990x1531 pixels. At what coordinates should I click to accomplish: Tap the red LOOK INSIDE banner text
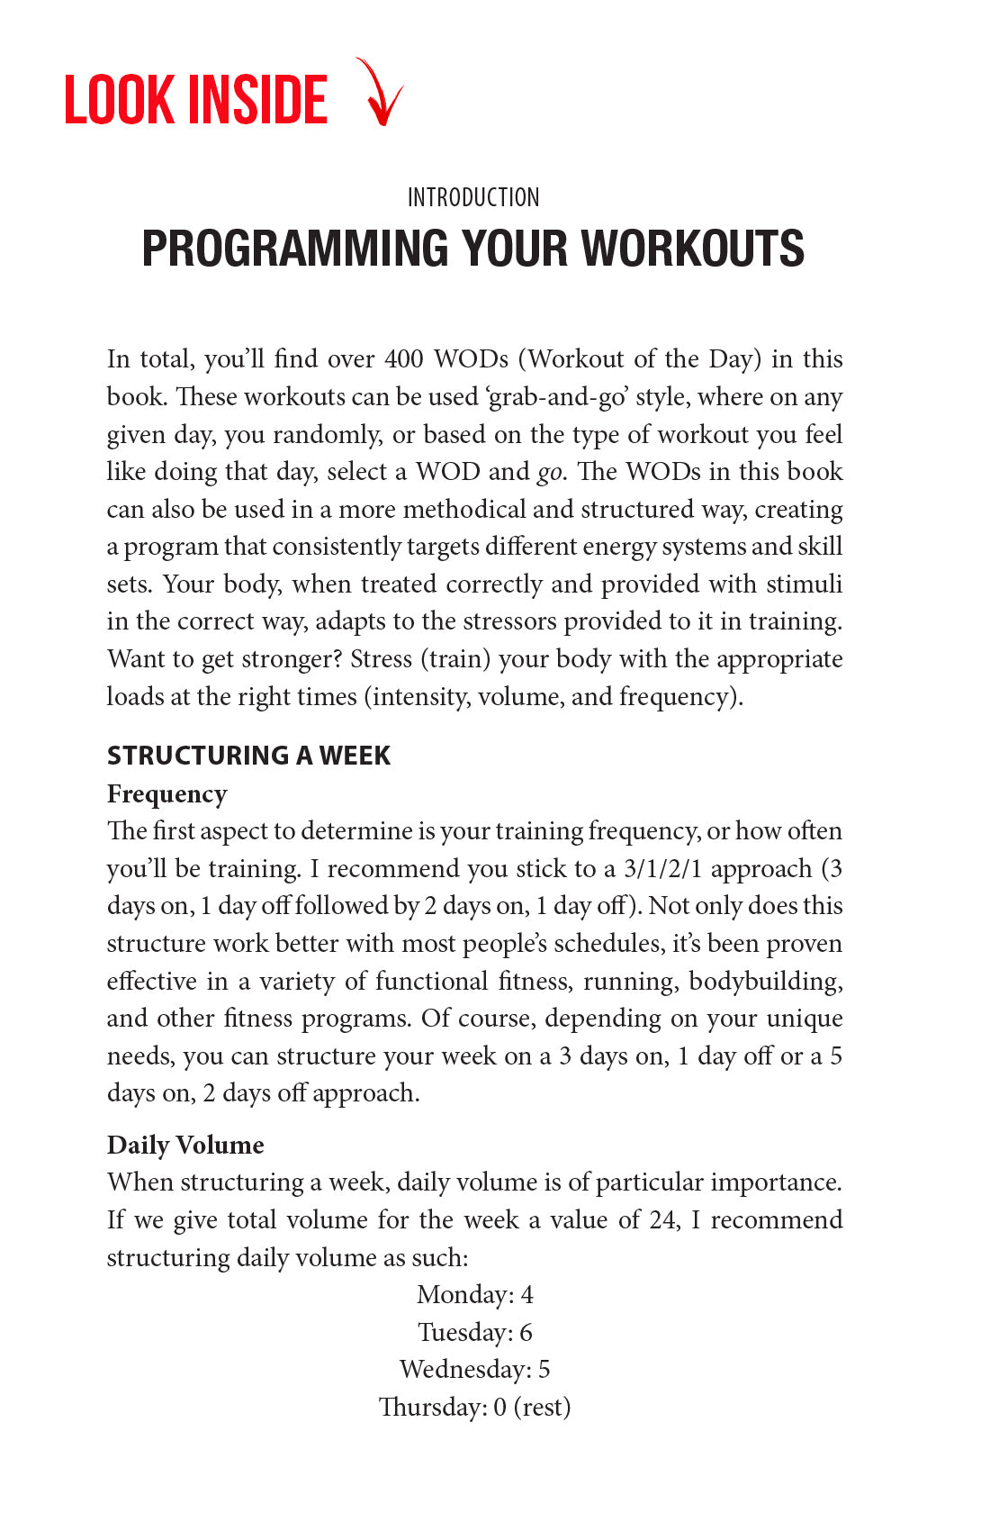[x=196, y=100]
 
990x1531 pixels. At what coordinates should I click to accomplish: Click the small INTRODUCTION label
[x=473, y=198]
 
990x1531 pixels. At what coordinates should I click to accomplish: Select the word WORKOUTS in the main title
[x=692, y=249]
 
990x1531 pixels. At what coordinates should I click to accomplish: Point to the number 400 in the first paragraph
[x=404, y=359]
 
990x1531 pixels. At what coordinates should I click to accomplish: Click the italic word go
[x=549, y=473]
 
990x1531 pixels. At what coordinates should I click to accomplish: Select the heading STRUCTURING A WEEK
[x=248, y=756]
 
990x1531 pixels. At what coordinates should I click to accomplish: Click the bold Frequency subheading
[x=166, y=794]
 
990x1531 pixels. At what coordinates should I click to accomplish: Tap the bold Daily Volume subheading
[x=185, y=1146]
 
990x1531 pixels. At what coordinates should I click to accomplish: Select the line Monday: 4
[x=475, y=1295]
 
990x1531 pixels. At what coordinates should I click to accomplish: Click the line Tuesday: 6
[x=475, y=1333]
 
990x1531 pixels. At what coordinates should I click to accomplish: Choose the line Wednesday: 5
[x=475, y=1370]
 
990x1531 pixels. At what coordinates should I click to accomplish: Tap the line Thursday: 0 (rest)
[x=475, y=1408]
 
